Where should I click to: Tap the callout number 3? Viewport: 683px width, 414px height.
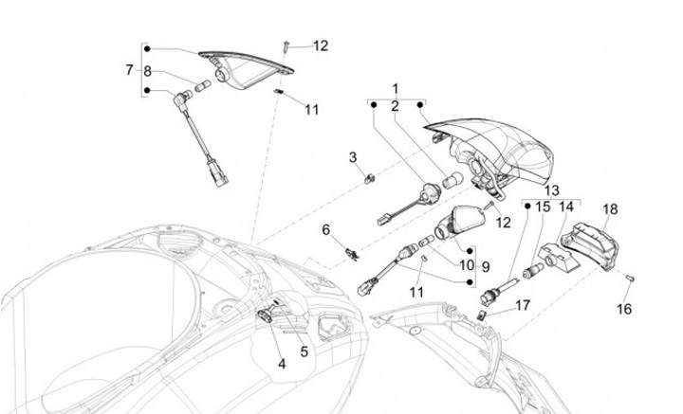pos(352,156)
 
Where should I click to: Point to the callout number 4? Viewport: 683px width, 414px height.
pos(282,363)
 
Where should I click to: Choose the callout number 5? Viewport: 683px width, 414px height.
pos(305,351)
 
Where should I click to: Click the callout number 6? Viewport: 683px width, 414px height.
pos(324,229)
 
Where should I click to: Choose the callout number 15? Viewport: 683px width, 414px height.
pos(543,206)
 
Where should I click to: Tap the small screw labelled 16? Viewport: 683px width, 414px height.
pos(629,277)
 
